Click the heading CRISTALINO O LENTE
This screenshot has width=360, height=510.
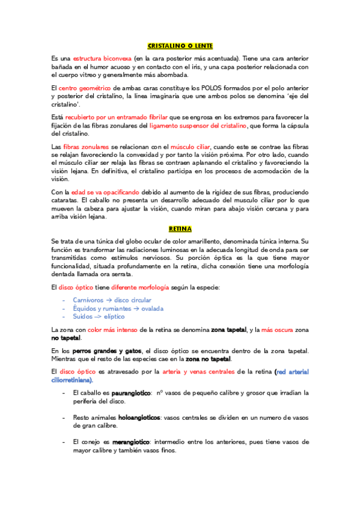tap(180, 46)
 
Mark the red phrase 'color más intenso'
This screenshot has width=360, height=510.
tap(112, 330)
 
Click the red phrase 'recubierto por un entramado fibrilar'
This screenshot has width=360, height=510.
tap(117, 117)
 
